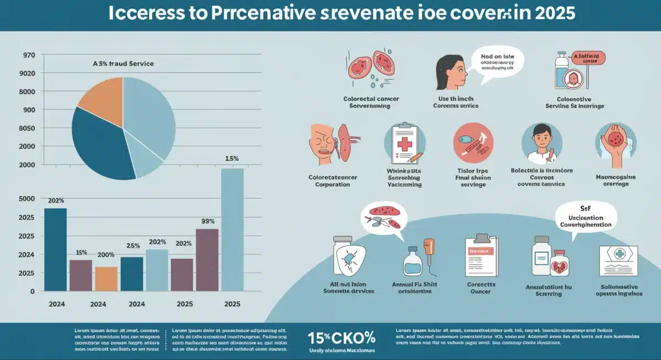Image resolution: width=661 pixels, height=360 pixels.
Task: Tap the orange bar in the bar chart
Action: (x=106, y=279)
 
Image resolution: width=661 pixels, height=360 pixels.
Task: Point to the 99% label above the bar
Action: (x=208, y=222)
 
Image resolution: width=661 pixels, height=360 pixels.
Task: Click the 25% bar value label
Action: (x=133, y=246)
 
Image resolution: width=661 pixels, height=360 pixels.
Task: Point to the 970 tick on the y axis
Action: (x=29, y=56)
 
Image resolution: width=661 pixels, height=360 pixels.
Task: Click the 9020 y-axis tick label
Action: (x=28, y=74)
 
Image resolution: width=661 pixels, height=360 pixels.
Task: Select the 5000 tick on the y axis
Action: (x=28, y=199)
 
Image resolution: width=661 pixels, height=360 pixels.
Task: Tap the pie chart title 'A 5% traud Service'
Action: (x=123, y=64)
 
